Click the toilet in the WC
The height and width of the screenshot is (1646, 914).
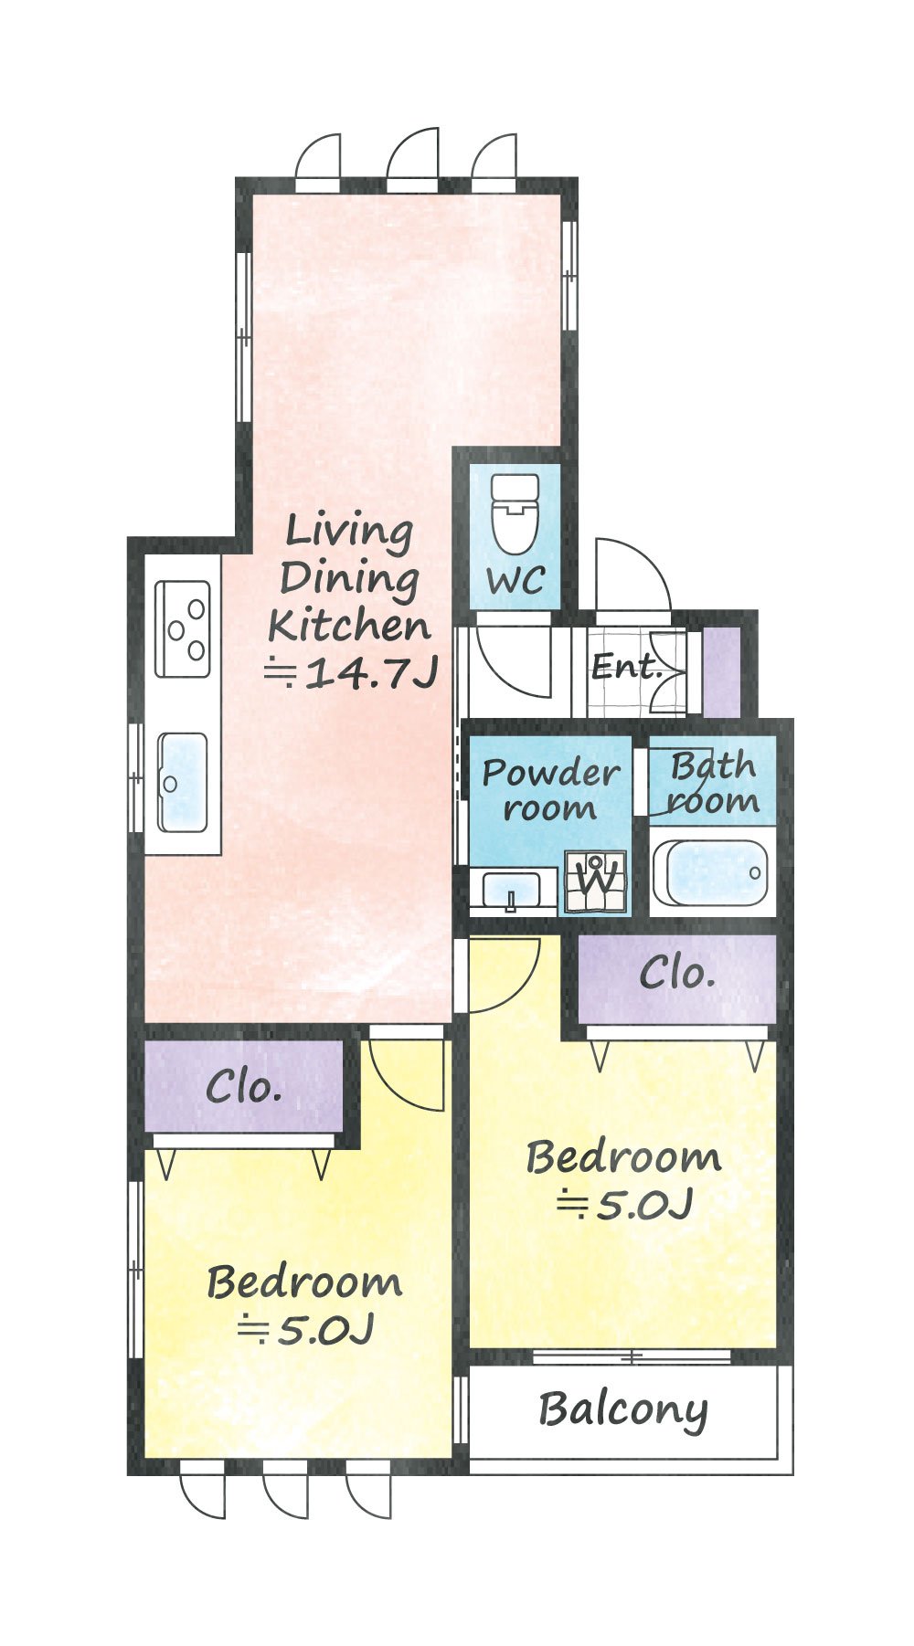coord(514,513)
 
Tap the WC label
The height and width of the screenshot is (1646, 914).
coord(515,580)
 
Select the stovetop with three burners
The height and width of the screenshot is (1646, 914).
coord(182,628)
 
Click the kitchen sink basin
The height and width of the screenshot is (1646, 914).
coord(182,782)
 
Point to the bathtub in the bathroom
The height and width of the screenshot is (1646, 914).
coord(712,872)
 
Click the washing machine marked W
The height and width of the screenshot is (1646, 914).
coord(596,881)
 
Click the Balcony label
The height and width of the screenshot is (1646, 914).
coord(623,1410)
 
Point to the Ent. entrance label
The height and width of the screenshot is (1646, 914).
coord(626,666)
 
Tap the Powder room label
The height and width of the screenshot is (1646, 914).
coord(550,789)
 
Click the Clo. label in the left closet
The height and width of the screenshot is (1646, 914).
coord(243,1087)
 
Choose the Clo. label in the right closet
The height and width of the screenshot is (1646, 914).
coord(676,974)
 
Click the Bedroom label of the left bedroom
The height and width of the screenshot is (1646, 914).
coord(304,1282)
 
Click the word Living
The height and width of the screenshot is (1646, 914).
coord(349,532)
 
